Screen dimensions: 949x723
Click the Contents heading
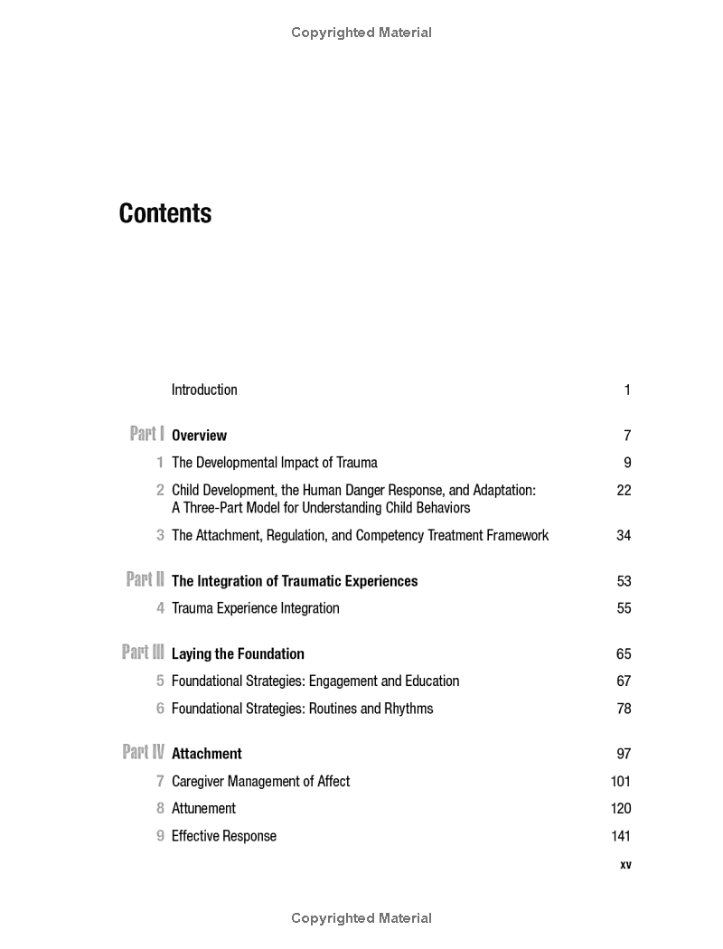(x=165, y=213)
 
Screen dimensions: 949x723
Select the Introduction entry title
(x=204, y=390)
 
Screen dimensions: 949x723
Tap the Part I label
(x=146, y=434)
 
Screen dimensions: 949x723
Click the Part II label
(x=145, y=579)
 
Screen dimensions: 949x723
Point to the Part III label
(x=143, y=652)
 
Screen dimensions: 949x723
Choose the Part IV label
(x=143, y=752)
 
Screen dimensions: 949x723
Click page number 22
(x=623, y=490)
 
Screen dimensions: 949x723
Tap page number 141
(x=621, y=836)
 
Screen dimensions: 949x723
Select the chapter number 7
(x=160, y=781)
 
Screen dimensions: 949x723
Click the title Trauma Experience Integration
(x=256, y=608)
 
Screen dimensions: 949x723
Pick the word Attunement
(x=203, y=809)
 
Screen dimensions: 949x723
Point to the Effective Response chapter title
(x=224, y=836)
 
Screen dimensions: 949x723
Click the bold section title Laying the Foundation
(x=238, y=653)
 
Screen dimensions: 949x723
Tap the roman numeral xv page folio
(x=625, y=865)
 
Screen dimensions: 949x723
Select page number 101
(x=621, y=781)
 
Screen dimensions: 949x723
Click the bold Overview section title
(x=199, y=436)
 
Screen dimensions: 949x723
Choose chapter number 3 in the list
(x=160, y=535)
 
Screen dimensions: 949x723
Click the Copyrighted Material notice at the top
(x=361, y=33)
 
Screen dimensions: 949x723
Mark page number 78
(x=624, y=709)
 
